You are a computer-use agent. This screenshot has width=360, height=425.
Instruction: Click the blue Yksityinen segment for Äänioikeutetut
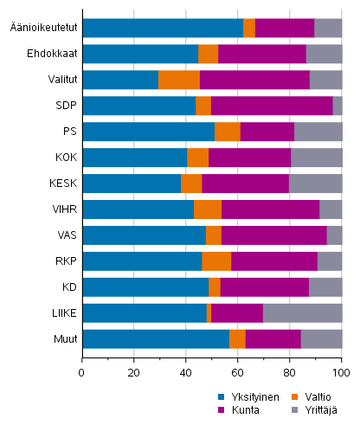(163, 28)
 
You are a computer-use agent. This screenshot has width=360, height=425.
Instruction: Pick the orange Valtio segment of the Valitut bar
(179, 80)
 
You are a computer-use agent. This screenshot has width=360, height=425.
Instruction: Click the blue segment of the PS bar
(148, 132)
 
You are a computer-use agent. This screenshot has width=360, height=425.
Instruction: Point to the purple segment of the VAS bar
(273, 235)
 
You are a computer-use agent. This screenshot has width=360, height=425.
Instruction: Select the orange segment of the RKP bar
(216, 261)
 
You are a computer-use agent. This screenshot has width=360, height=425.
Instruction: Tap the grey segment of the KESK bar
(315, 184)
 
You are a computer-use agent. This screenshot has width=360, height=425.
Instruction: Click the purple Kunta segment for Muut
(273, 339)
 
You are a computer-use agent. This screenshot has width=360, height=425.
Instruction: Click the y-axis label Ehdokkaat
(50, 54)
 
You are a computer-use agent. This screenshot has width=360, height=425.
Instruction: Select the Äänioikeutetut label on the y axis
(40, 28)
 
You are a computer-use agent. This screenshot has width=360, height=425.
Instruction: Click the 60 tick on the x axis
(238, 373)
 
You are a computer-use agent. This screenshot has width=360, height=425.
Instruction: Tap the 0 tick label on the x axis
(82, 373)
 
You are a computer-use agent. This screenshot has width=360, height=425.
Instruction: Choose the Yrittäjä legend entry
(318, 410)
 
